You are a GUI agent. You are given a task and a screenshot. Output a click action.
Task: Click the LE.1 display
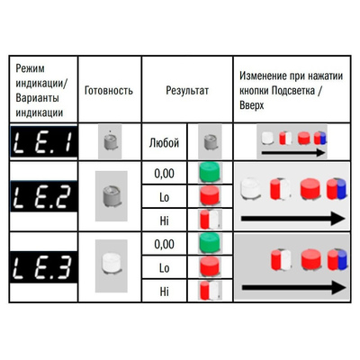tap(44, 142)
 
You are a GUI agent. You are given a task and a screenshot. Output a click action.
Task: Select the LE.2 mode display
tap(44, 196)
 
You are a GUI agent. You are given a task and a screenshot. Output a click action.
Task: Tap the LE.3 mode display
tap(44, 266)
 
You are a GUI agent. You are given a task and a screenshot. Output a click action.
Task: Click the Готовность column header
tap(109, 90)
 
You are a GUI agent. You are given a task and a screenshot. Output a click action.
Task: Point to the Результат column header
tap(187, 90)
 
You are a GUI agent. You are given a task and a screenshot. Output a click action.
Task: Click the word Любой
tap(164, 143)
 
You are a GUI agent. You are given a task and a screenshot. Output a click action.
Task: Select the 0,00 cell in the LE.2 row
tap(164, 174)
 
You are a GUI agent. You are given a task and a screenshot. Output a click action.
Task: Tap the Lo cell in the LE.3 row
tap(164, 268)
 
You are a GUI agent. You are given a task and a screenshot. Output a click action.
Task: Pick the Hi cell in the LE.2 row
tap(164, 220)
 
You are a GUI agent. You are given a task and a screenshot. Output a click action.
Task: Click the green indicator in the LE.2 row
tap(210, 172)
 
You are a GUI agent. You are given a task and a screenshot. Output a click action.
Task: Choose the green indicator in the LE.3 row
tap(210, 243)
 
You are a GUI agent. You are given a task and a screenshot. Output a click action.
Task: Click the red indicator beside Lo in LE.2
tap(210, 196)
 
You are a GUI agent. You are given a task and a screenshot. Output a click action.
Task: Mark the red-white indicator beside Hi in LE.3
tap(210, 291)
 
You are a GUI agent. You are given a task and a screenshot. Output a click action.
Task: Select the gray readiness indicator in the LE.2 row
tap(111, 195)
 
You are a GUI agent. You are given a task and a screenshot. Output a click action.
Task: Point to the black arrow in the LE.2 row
tap(293, 219)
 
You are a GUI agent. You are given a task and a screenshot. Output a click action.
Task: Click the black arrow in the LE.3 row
tap(294, 288)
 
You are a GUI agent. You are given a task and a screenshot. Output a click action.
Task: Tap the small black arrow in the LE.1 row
tap(293, 153)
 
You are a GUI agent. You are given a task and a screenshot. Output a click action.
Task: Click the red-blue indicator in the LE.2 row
tap(337, 189)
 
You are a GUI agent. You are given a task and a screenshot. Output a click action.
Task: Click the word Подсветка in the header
tap(293, 91)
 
